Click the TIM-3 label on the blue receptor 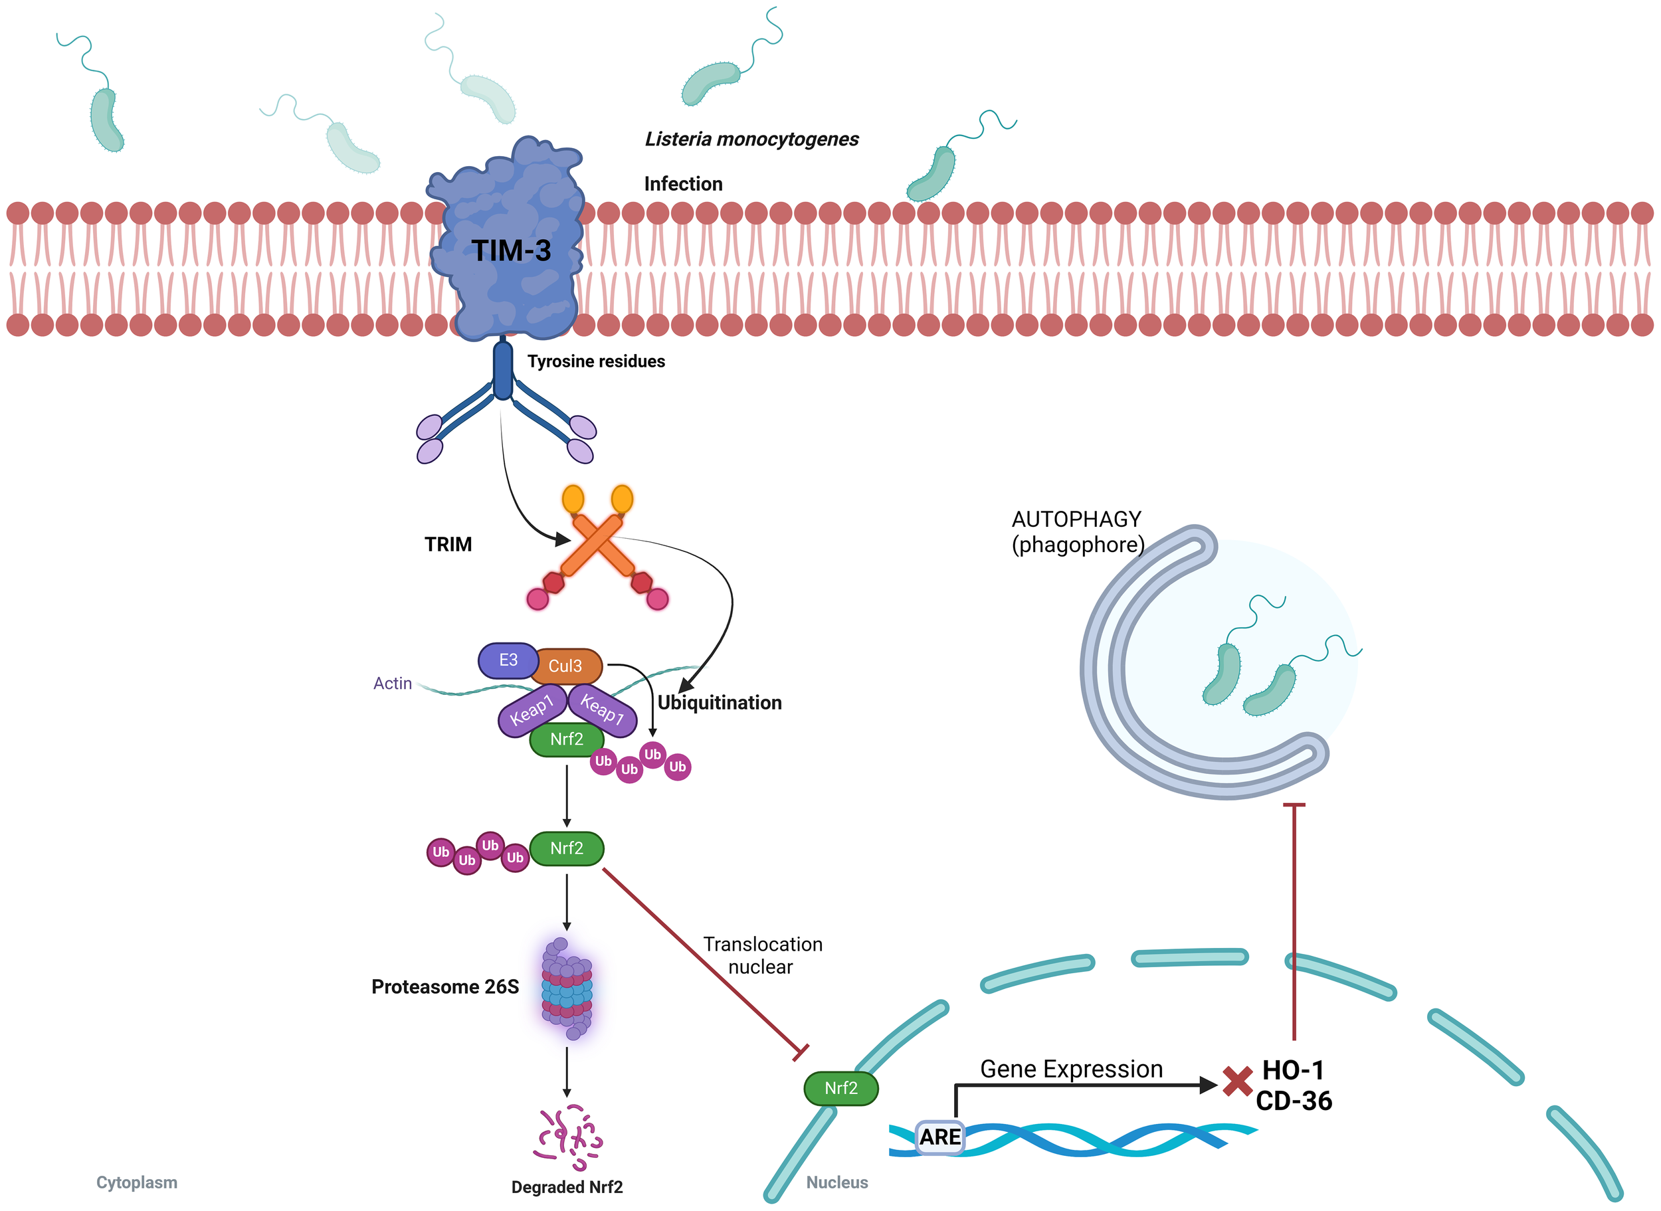(x=510, y=250)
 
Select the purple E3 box (x=508, y=660)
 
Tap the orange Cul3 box (x=565, y=666)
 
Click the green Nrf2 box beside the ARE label (x=840, y=1088)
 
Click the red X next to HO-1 (x=1237, y=1081)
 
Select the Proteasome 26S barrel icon (x=567, y=989)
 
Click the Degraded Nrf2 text (x=567, y=1187)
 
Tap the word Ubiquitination (x=719, y=702)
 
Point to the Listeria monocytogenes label (x=751, y=140)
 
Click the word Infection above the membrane (x=682, y=184)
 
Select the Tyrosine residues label (x=596, y=361)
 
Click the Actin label (x=392, y=683)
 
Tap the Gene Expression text (x=1071, y=1069)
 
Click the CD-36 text (x=1293, y=1101)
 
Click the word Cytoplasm (x=136, y=1182)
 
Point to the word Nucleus (x=836, y=1182)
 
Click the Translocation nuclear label (x=762, y=955)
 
